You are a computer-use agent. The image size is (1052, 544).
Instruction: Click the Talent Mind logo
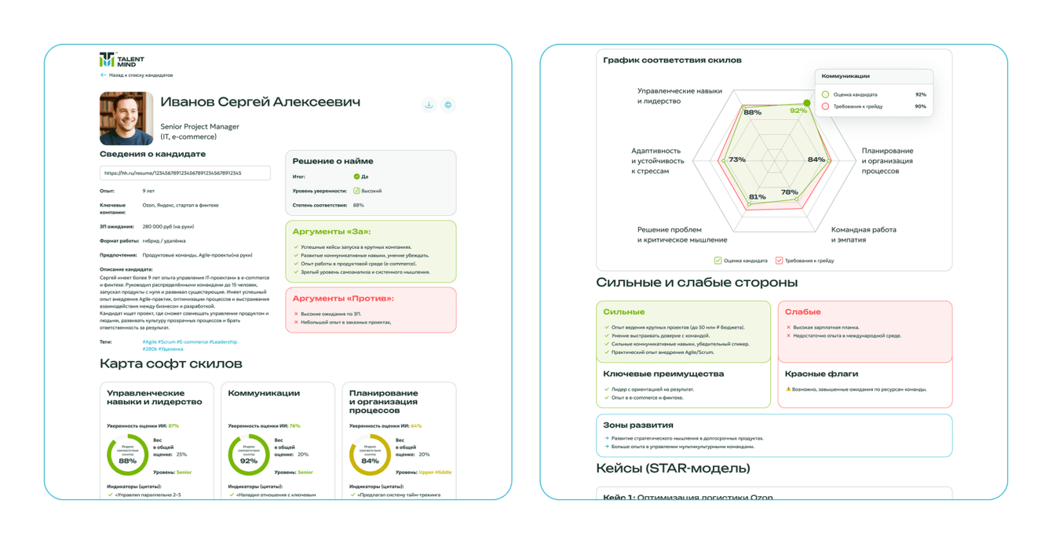pyautogui.click(x=121, y=60)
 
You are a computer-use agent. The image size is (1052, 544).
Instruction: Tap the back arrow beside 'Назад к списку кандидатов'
pyautogui.click(x=103, y=75)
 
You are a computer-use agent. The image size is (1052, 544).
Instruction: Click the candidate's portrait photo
pyautogui.click(x=126, y=119)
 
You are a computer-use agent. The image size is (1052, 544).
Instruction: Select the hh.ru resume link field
pyautogui.click(x=184, y=173)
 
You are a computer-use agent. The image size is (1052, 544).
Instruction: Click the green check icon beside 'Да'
pyautogui.click(x=356, y=177)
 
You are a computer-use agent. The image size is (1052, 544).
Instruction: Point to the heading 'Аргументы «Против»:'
pyautogui.click(x=343, y=298)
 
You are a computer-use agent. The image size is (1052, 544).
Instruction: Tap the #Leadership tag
pyautogui.click(x=224, y=342)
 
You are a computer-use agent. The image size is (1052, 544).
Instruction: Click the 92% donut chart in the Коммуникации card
pyautogui.click(x=249, y=455)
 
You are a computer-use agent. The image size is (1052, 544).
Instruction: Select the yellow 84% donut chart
pyautogui.click(x=370, y=455)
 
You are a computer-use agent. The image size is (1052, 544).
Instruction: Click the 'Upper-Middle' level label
pyautogui.click(x=435, y=473)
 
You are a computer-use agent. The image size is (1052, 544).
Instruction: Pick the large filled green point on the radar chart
pyautogui.click(x=807, y=104)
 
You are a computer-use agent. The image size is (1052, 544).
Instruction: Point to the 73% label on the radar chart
pyautogui.click(x=736, y=159)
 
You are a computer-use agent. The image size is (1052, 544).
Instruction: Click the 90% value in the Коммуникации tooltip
pyautogui.click(x=920, y=106)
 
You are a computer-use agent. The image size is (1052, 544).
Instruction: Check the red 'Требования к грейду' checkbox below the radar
pyautogui.click(x=779, y=261)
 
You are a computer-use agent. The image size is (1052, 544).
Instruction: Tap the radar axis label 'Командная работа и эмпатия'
pyautogui.click(x=863, y=235)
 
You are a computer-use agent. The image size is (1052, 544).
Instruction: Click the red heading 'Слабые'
pyautogui.click(x=802, y=312)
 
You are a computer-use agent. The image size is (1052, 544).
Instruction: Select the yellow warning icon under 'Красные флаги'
pyautogui.click(x=788, y=389)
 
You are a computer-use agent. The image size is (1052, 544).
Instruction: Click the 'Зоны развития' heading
pyautogui.click(x=637, y=425)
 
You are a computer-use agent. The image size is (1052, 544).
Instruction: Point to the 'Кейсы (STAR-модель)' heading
pyautogui.click(x=673, y=469)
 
